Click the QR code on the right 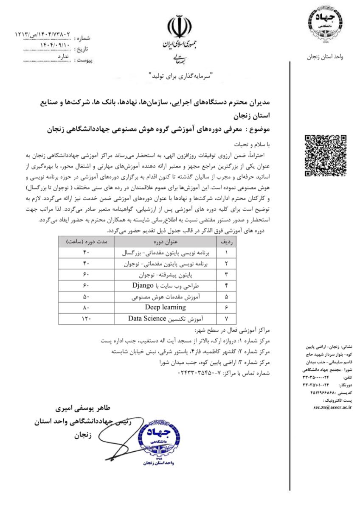point(326,155)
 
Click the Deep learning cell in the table point(165,307)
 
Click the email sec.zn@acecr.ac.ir point(333,406)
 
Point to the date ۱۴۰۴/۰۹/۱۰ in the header point(56,44)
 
